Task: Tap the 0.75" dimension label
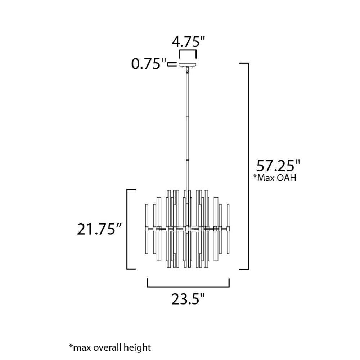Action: [x=148, y=64]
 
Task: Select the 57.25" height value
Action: [x=278, y=166]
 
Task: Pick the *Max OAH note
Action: [x=275, y=178]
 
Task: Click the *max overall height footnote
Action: [x=110, y=347]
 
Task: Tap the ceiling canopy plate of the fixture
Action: [x=188, y=64]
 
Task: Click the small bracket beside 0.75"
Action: [x=172, y=64]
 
